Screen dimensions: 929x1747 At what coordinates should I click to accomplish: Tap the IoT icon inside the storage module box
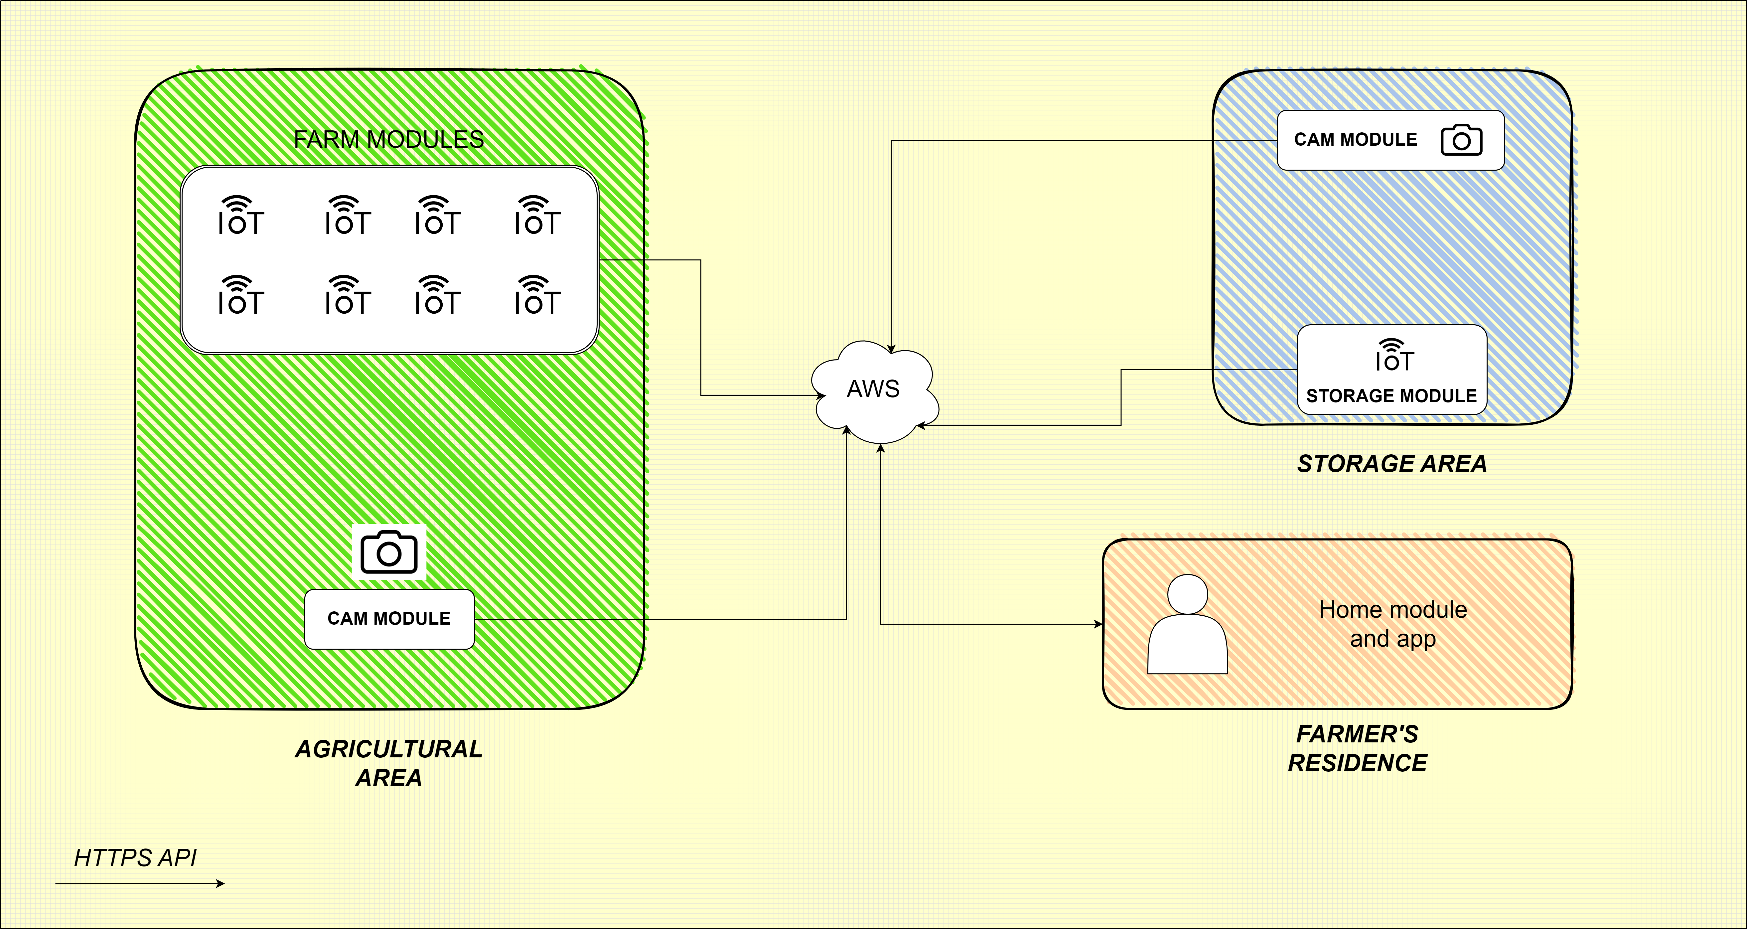tap(1394, 356)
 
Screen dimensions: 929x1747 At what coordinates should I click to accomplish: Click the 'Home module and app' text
tap(1393, 624)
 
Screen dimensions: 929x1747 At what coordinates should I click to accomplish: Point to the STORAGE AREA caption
tap(1391, 464)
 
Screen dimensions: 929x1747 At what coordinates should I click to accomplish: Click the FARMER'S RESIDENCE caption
tap(1357, 749)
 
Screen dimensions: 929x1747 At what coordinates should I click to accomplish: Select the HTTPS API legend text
tap(135, 858)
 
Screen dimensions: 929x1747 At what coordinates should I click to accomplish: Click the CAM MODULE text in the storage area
tap(1355, 140)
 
